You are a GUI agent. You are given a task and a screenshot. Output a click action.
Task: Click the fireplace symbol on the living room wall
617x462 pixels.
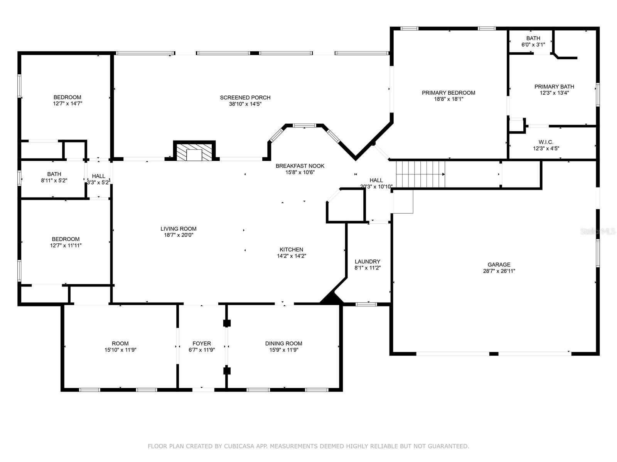(x=194, y=152)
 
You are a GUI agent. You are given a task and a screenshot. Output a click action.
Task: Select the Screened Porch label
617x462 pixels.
(x=245, y=97)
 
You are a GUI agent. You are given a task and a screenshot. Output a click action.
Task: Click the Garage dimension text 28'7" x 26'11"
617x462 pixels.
(x=499, y=271)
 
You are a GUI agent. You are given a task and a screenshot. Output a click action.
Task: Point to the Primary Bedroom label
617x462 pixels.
(x=448, y=93)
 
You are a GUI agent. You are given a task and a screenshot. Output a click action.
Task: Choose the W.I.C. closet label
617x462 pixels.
(x=546, y=142)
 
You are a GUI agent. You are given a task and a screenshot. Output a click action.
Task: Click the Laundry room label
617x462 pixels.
(x=368, y=261)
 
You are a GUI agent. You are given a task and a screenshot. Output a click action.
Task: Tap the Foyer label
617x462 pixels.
(x=202, y=343)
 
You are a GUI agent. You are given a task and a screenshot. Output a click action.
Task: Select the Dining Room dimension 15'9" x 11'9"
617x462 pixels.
(x=283, y=350)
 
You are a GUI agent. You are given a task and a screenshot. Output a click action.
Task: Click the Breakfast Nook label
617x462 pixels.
(x=300, y=166)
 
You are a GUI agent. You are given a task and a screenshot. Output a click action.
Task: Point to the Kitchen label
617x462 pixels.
(x=291, y=249)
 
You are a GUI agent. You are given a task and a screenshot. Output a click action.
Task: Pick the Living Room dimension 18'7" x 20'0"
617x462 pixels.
(x=179, y=235)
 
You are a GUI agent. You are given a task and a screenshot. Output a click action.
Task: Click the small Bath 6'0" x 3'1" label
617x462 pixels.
(x=533, y=38)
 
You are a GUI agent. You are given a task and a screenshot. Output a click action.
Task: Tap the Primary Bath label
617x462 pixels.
(x=554, y=87)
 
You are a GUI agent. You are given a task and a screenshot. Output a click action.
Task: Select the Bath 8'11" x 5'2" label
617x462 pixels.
(x=54, y=174)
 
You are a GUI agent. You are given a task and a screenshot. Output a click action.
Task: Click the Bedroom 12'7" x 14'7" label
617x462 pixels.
(x=67, y=97)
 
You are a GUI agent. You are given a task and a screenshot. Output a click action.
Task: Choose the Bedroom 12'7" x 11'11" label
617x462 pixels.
(x=66, y=239)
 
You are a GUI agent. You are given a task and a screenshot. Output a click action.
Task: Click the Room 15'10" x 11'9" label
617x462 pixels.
(x=120, y=343)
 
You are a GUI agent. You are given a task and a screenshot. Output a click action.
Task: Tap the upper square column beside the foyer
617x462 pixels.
(x=227, y=323)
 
